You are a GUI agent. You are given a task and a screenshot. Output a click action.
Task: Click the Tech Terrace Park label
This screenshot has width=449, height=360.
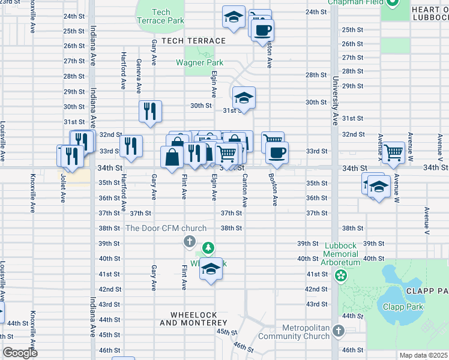click(x=161, y=16)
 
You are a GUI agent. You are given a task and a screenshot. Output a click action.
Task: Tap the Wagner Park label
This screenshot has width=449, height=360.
click(x=199, y=62)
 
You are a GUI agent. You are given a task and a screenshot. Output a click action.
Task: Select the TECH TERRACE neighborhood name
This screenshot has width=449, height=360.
click(x=189, y=41)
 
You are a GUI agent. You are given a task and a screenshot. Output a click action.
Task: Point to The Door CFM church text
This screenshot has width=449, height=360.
click(x=166, y=228)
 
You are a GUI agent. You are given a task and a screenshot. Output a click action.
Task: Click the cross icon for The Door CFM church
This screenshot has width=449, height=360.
click(x=189, y=242)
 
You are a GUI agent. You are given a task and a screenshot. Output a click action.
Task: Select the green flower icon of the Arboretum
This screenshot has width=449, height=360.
click(x=342, y=276)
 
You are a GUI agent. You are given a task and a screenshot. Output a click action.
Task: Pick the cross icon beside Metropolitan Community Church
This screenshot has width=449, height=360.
click(x=339, y=331)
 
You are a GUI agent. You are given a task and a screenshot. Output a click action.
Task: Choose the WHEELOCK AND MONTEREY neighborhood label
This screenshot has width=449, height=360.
click(x=190, y=319)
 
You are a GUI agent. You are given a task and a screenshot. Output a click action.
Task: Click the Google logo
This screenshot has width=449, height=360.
click(x=20, y=353)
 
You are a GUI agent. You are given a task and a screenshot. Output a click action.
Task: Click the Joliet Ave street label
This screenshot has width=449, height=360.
click(x=62, y=186)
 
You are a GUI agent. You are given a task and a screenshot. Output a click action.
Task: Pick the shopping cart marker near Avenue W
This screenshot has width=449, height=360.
click(x=393, y=152)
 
